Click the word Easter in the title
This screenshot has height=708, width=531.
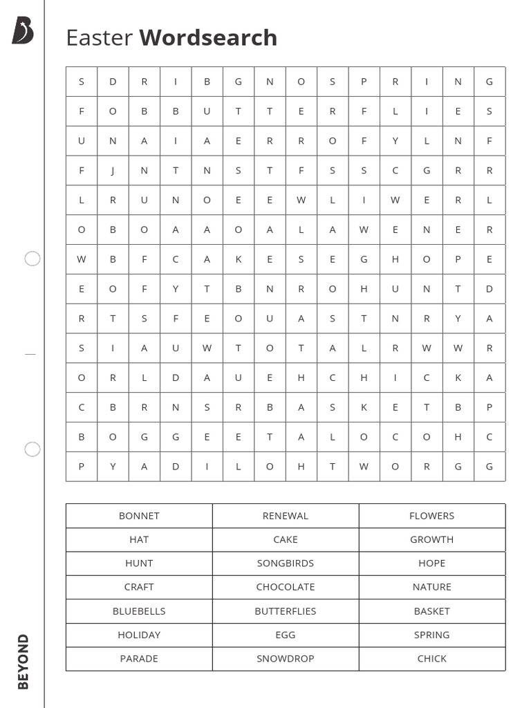(99, 37)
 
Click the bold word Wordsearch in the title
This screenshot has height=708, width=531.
(208, 37)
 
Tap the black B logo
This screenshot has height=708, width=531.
(22, 31)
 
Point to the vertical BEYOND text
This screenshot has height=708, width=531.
(24, 661)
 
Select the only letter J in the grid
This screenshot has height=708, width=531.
(113, 171)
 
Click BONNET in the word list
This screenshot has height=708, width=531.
(139, 516)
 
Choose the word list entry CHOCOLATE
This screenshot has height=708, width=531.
(286, 587)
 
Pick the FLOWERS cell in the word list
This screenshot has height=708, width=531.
(431, 516)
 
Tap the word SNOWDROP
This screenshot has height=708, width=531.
(286, 658)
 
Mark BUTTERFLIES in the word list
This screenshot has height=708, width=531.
(286, 611)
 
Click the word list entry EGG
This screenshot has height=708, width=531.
(286, 635)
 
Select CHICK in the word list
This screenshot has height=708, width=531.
(431, 658)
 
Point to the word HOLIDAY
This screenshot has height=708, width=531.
(139, 635)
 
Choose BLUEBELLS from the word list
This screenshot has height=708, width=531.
(139, 611)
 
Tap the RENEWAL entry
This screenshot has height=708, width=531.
(286, 516)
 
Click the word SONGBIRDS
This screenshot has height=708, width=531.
(286, 563)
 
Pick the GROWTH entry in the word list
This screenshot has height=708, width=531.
(431, 539)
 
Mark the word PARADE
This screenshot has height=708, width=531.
(139, 658)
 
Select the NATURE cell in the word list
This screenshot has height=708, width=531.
(431, 587)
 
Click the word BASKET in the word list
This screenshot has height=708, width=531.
(431, 611)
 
